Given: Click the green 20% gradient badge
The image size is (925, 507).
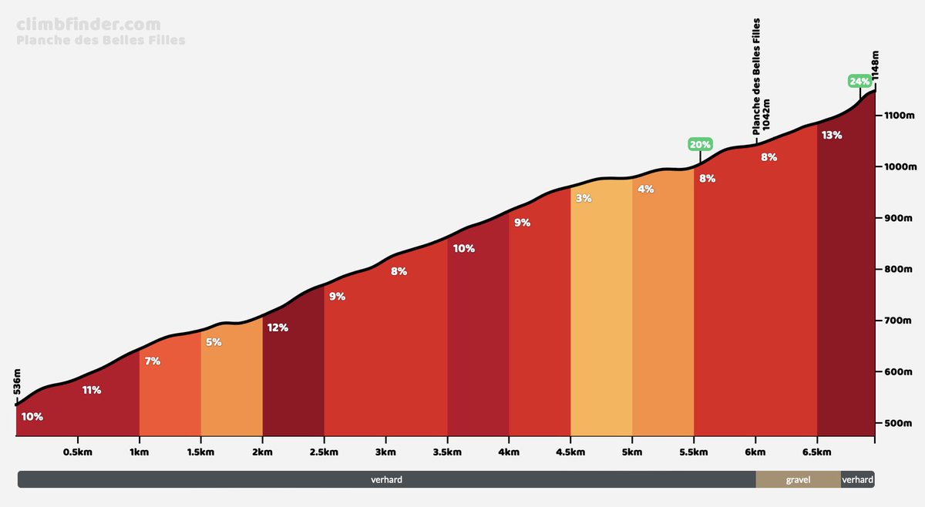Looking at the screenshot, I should pos(700,144).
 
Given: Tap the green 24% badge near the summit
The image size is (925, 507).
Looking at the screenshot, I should pos(859,81).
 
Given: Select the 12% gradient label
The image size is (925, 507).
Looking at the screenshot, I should pos(277,327).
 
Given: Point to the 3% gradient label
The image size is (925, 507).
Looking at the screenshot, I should pos(583,198).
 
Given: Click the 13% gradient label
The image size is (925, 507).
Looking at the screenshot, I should pos(832,135).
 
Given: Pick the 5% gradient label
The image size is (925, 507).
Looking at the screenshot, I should pos(214,342).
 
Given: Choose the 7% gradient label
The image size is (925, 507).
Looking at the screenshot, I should pos(152,361).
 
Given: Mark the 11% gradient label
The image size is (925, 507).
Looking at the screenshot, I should pos(92,390).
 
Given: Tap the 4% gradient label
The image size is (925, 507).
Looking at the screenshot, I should pos(645,189).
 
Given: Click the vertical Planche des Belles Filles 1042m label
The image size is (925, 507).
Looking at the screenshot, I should pos(761,77).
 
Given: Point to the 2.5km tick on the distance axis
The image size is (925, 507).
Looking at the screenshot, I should pos(324,452).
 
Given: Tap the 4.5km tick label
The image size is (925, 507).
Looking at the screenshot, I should pos(570,452).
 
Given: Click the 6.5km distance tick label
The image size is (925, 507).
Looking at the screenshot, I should pos(817,452).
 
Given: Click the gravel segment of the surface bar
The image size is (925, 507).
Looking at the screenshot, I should pos(798,479).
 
